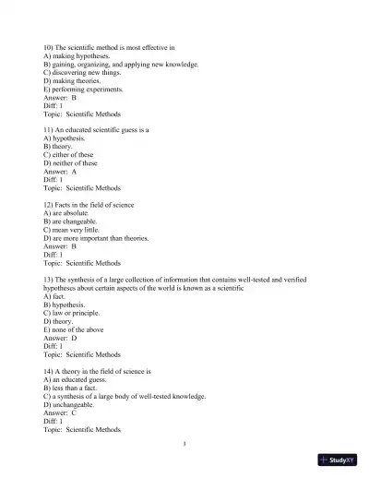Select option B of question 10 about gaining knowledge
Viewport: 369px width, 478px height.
120,64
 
